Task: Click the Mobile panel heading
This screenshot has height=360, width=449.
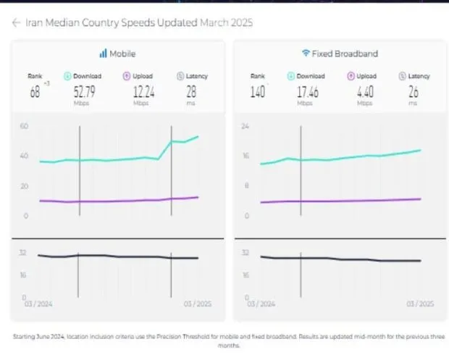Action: (122, 54)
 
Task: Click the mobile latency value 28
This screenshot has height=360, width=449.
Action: (191, 91)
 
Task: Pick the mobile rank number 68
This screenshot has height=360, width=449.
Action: (35, 91)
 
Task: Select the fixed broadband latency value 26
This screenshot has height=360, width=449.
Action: (413, 91)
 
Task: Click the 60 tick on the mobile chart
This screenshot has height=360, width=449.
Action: (24, 126)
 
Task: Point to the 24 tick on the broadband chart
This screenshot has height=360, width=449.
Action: (245, 126)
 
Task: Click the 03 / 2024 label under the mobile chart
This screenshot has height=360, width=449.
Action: (38, 303)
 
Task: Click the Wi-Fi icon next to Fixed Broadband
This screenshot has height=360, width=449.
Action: (306, 54)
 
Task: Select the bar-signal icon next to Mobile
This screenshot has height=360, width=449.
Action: (103, 54)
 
